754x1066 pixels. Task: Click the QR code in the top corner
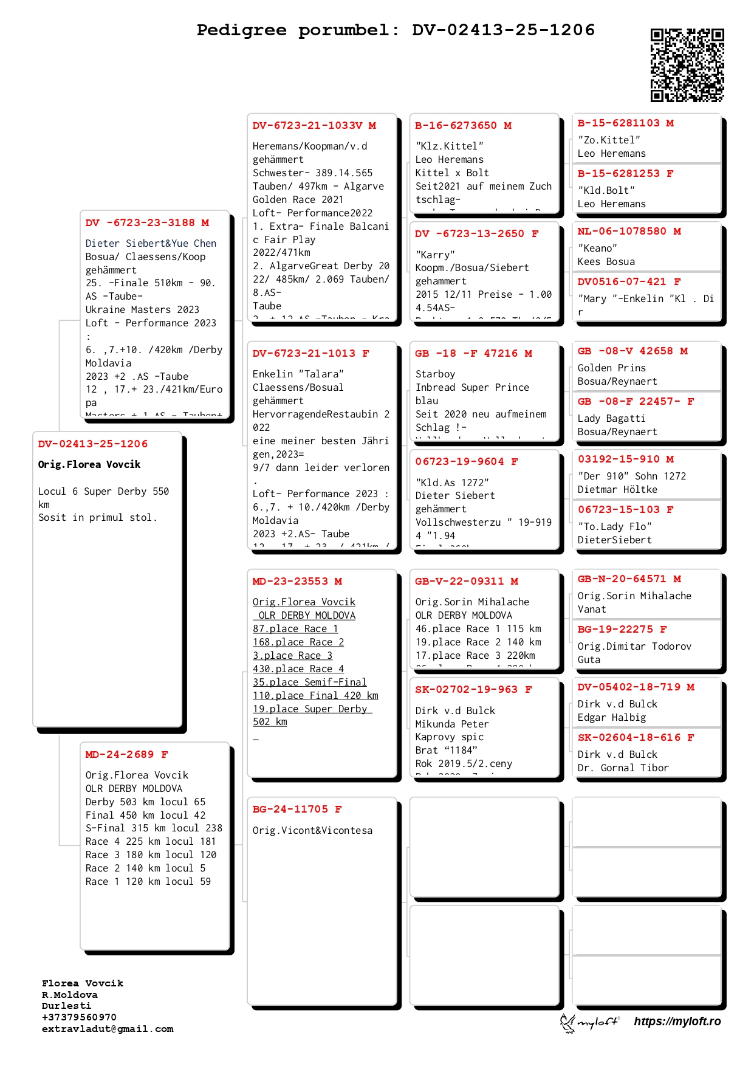687,65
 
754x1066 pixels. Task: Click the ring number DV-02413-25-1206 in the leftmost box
93,444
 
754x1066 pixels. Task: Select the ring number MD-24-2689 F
126,755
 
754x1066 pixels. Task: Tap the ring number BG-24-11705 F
297,810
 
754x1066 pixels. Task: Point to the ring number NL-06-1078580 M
629,232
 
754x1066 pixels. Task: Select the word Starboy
435,374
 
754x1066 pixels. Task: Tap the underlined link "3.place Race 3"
292,656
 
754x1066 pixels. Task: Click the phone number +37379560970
79,1017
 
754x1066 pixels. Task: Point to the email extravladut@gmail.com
108,1029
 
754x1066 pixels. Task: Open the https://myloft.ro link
677,1022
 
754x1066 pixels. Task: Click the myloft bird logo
567,1023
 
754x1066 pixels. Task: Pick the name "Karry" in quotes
435,255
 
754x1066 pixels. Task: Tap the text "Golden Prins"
611,368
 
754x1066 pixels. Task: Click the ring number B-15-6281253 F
625,174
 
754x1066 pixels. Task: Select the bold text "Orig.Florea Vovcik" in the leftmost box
89,465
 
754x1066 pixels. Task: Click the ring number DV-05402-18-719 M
636,687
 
